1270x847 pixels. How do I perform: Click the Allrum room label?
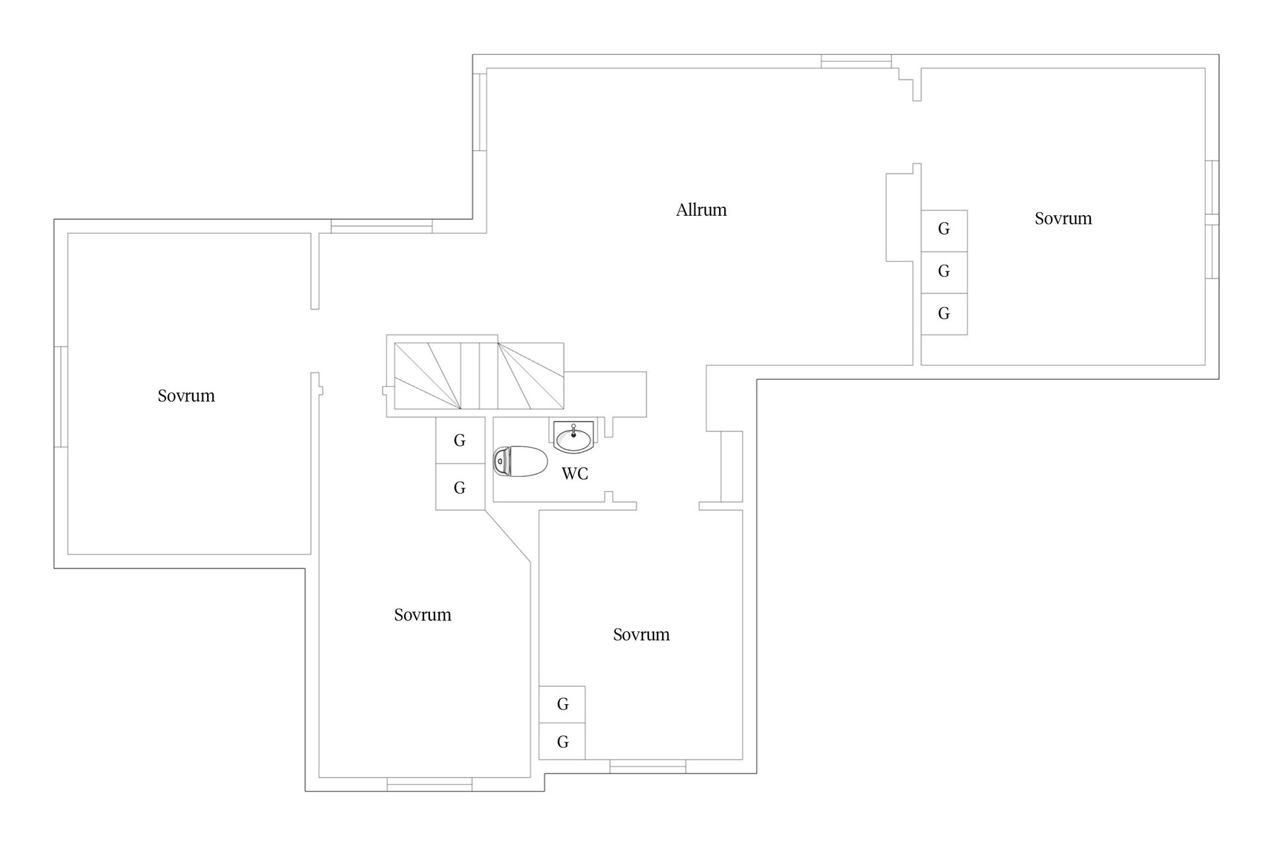tap(701, 210)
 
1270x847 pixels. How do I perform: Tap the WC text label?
tap(575, 474)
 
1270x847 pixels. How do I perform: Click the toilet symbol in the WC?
tap(521, 461)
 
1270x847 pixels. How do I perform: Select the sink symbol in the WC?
tap(573, 437)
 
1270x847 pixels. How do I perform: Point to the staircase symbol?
tap(479, 376)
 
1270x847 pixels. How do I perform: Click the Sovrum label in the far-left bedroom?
tap(186, 396)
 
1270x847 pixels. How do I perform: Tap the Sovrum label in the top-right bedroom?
tap(1063, 218)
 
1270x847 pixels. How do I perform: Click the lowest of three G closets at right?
tap(944, 314)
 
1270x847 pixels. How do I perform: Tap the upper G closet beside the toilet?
tap(460, 440)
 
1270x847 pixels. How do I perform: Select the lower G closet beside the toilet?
tap(460, 487)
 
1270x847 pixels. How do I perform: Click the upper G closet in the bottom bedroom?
tap(562, 705)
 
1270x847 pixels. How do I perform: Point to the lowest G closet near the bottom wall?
tap(562, 742)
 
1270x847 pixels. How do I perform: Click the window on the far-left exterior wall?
tap(61, 396)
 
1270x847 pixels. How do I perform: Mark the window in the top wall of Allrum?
tap(856, 61)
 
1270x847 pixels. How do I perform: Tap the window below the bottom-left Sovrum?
tap(429, 784)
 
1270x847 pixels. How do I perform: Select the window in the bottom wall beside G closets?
tap(648, 766)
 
